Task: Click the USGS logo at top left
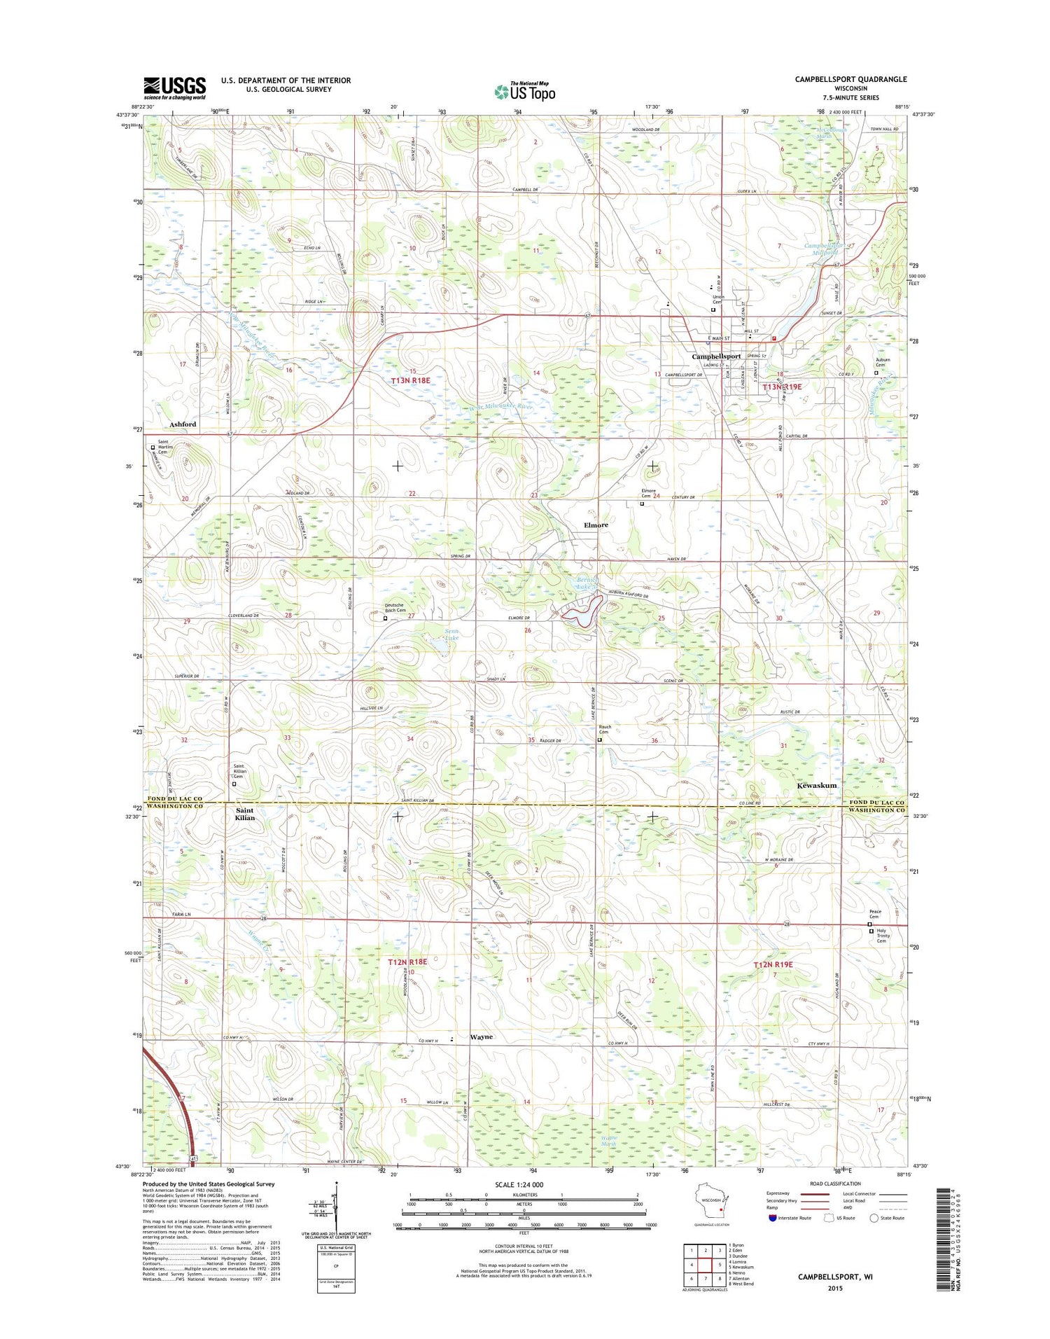click(x=174, y=88)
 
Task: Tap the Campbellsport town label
click(x=715, y=356)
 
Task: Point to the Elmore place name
click(x=596, y=525)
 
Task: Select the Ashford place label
click(x=183, y=424)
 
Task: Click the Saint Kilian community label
click(x=245, y=814)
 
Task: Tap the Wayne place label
click(x=481, y=1036)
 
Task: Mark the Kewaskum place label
click(x=816, y=786)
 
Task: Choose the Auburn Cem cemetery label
click(x=883, y=362)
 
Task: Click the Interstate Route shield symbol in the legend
click(x=772, y=1218)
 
